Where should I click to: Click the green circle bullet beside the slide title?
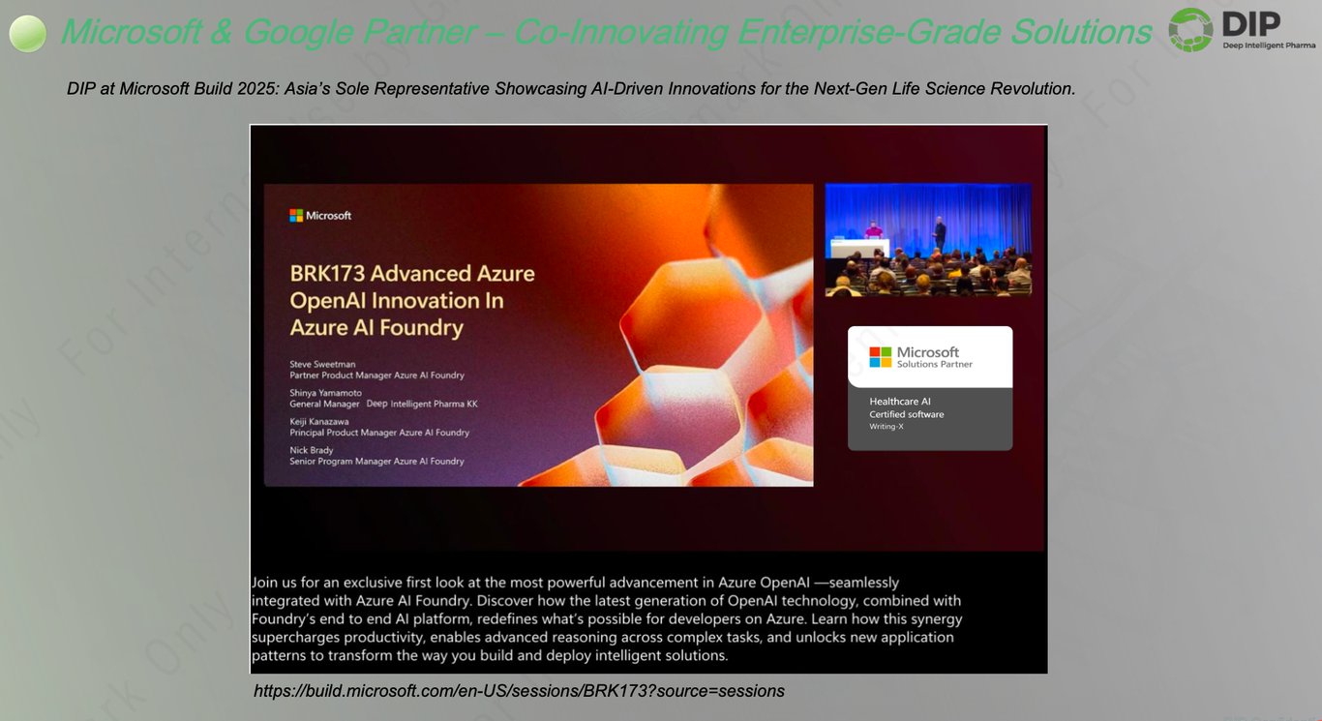pyautogui.click(x=28, y=34)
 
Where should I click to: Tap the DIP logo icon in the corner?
pyautogui.click(x=1190, y=29)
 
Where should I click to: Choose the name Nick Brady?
pyautogui.click(x=312, y=451)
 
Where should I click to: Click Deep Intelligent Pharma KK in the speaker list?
pyautogui.click(x=422, y=404)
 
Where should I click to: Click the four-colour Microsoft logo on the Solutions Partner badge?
pyautogui.click(x=880, y=357)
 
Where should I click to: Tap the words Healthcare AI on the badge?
pyautogui.click(x=899, y=402)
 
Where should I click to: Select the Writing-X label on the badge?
pyautogui.click(x=886, y=427)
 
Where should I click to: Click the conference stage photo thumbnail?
pyautogui.click(x=928, y=239)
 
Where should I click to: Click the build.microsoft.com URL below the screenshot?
pyautogui.click(x=519, y=691)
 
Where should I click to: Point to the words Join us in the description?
pyautogui.click(x=274, y=583)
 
